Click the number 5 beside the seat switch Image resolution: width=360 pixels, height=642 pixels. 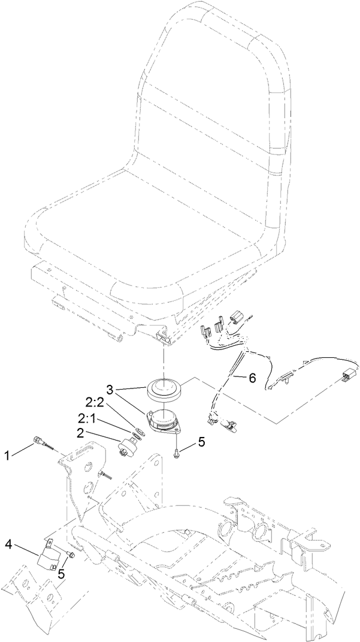coord(201,442)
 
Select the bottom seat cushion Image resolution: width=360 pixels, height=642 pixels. coord(150,240)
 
